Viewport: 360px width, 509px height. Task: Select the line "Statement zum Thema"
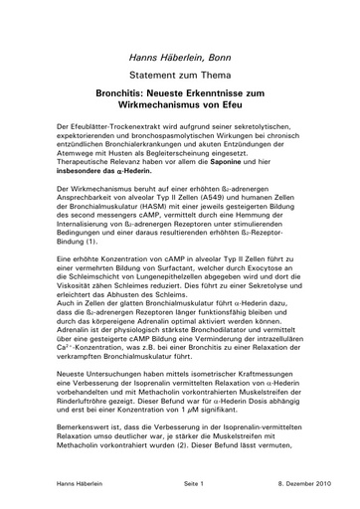tap(179, 74)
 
